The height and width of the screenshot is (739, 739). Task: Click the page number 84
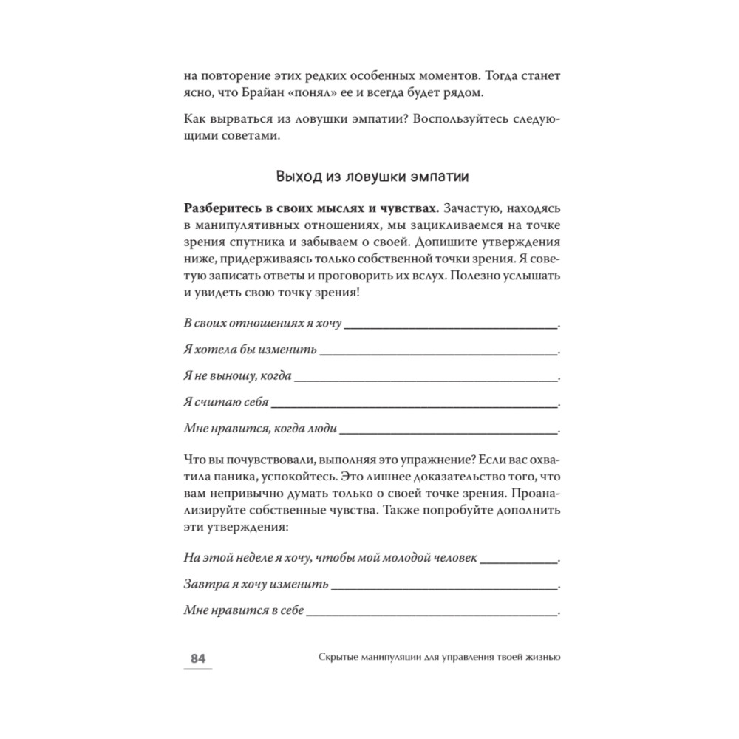click(197, 659)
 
